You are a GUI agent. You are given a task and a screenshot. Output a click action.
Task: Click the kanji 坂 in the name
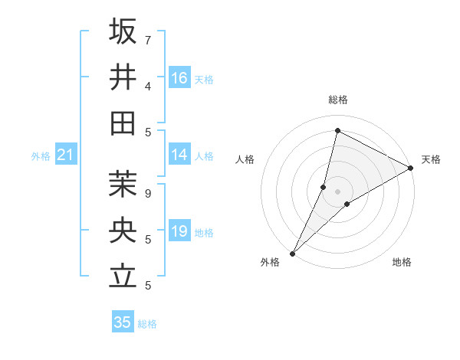(x=123, y=31)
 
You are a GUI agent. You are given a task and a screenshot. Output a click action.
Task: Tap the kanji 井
(x=123, y=77)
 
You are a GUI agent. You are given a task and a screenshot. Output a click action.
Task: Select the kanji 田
(x=123, y=123)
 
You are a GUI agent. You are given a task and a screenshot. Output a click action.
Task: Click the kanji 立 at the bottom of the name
(x=123, y=276)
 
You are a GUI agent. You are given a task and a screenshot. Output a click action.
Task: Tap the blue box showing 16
(x=179, y=78)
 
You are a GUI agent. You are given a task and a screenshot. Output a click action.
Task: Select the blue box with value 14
(x=179, y=155)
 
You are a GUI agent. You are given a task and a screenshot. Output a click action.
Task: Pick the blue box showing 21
(x=65, y=155)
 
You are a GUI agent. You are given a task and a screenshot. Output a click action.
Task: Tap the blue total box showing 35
(x=123, y=322)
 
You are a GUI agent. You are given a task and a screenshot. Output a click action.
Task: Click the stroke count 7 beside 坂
(x=148, y=40)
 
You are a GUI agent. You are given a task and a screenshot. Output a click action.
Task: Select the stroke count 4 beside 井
(x=148, y=86)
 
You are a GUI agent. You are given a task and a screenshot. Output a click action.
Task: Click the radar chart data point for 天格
(x=411, y=169)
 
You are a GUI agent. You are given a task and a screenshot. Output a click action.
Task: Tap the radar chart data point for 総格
(x=337, y=129)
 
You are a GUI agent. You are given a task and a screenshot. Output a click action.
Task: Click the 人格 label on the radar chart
(x=245, y=159)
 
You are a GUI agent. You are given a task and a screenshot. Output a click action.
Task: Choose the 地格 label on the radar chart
(x=402, y=262)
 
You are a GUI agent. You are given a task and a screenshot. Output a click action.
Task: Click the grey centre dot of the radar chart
(x=337, y=191)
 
